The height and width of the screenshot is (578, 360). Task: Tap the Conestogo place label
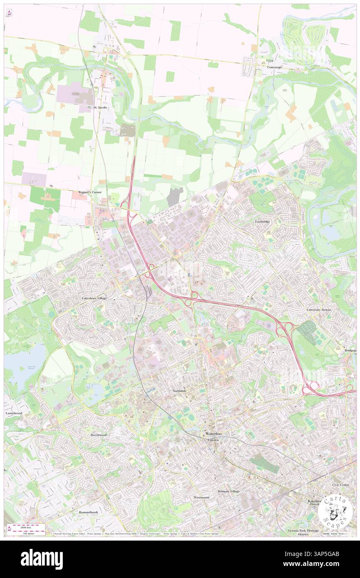275,67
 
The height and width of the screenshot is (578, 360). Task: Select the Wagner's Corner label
90,192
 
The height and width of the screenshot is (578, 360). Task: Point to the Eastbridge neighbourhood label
262,222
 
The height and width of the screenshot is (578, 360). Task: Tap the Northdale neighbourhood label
181,391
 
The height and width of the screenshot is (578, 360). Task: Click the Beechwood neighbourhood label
99,435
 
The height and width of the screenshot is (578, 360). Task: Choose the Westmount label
202,497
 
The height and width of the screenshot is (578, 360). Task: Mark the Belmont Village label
229,491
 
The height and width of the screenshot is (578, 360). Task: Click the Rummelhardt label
88,512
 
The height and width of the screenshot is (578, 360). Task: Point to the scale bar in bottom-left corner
28,528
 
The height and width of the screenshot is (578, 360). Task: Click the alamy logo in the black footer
42,559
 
